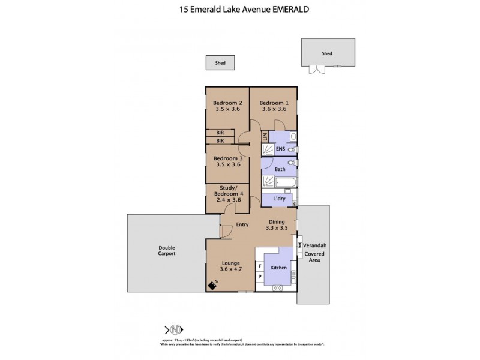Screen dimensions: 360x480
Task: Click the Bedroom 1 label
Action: pos(273,102)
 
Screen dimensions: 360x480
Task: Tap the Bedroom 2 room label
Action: pos(227,102)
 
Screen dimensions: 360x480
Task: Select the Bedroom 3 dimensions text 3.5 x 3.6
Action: pos(227,164)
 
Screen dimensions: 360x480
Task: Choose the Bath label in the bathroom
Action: pos(280,170)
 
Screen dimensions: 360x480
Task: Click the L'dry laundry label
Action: pos(278,199)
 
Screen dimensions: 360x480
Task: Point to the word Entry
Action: pos(242,225)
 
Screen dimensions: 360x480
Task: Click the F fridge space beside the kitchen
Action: pos(259,266)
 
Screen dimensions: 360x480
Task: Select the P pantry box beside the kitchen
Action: pos(259,277)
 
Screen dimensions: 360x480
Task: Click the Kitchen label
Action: pos(279,268)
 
